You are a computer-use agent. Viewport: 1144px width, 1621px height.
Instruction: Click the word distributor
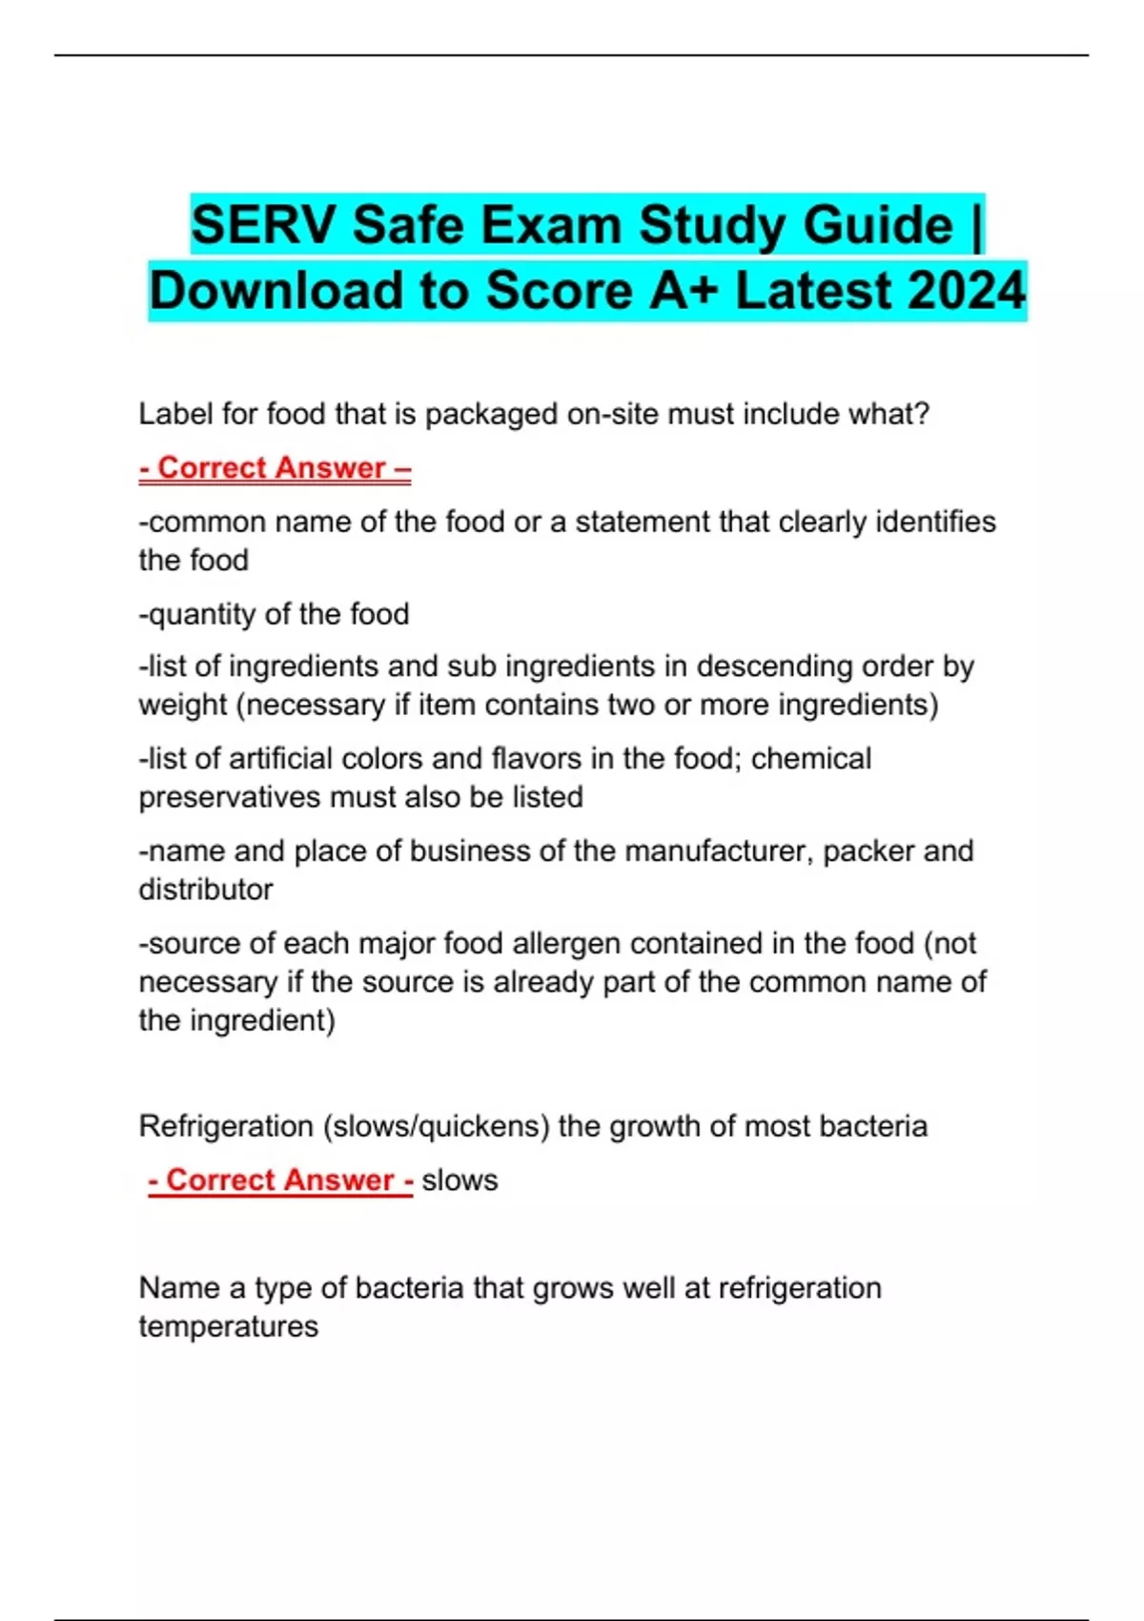point(206,890)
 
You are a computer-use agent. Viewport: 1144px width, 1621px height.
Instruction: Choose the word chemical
point(811,759)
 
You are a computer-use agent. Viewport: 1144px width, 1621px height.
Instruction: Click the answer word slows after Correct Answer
point(460,1180)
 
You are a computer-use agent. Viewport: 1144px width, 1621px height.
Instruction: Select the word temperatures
point(229,1326)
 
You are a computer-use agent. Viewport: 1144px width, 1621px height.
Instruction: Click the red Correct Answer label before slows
point(280,1180)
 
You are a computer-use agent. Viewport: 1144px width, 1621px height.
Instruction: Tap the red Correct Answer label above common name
point(275,468)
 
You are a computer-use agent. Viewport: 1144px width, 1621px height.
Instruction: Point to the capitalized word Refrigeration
point(226,1126)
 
